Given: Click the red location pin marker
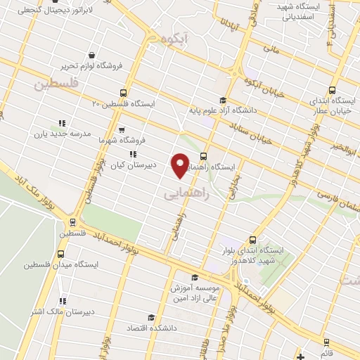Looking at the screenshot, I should (x=181, y=165).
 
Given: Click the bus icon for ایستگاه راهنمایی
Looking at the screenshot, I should (x=203, y=156).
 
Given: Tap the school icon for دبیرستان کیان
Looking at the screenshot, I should (x=131, y=154).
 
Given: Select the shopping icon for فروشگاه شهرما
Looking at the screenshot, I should (x=122, y=130).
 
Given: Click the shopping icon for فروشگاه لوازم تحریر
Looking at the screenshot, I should (x=92, y=55).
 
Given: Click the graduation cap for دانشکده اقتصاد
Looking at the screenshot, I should (x=149, y=318).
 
